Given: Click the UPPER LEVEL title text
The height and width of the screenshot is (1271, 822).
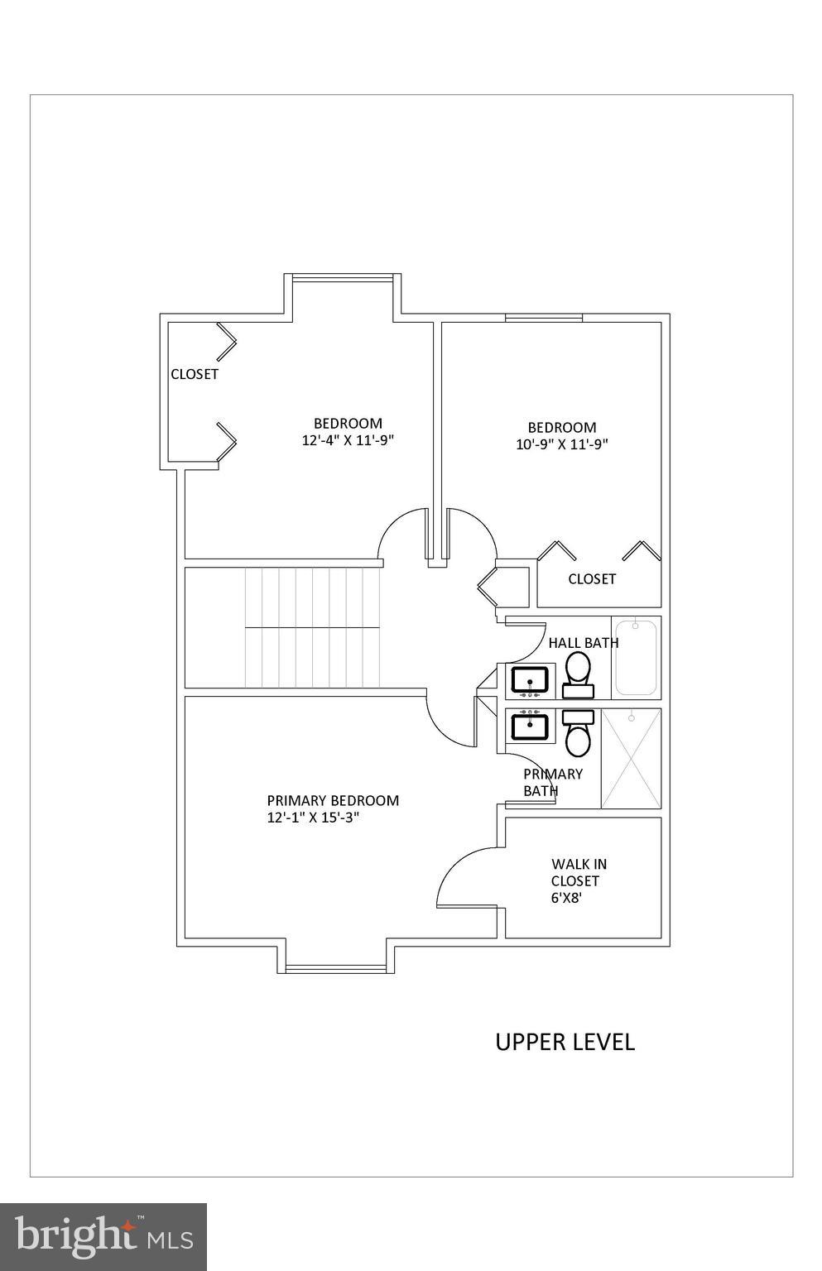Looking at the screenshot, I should [x=565, y=1042].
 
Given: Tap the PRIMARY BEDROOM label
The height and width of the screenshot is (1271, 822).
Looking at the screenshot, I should [x=332, y=800].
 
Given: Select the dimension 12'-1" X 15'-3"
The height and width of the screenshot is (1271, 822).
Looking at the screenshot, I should [x=312, y=818].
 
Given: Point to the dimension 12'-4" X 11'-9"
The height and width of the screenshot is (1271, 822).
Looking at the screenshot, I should [x=347, y=441].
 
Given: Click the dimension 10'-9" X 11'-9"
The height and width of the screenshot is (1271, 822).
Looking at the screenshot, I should [x=562, y=444].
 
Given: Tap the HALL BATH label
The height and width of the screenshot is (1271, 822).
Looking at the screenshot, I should [x=583, y=642].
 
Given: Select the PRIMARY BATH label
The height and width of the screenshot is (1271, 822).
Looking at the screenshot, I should [x=551, y=782].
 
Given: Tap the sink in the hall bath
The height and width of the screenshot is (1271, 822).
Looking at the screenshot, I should [x=529, y=680].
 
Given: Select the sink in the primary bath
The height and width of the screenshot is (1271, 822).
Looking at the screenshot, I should [x=529, y=727].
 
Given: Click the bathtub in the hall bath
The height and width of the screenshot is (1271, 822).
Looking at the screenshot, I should [x=636, y=658].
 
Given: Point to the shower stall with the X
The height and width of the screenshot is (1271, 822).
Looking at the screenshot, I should [x=631, y=758].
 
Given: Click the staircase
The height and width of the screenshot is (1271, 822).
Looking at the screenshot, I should [x=311, y=627].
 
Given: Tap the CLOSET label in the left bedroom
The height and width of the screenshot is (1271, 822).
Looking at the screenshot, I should [x=195, y=374].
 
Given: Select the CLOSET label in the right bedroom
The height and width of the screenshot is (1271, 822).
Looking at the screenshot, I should [x=591, y=579].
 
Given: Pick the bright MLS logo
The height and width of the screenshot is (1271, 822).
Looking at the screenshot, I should [x=103, y=1236].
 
